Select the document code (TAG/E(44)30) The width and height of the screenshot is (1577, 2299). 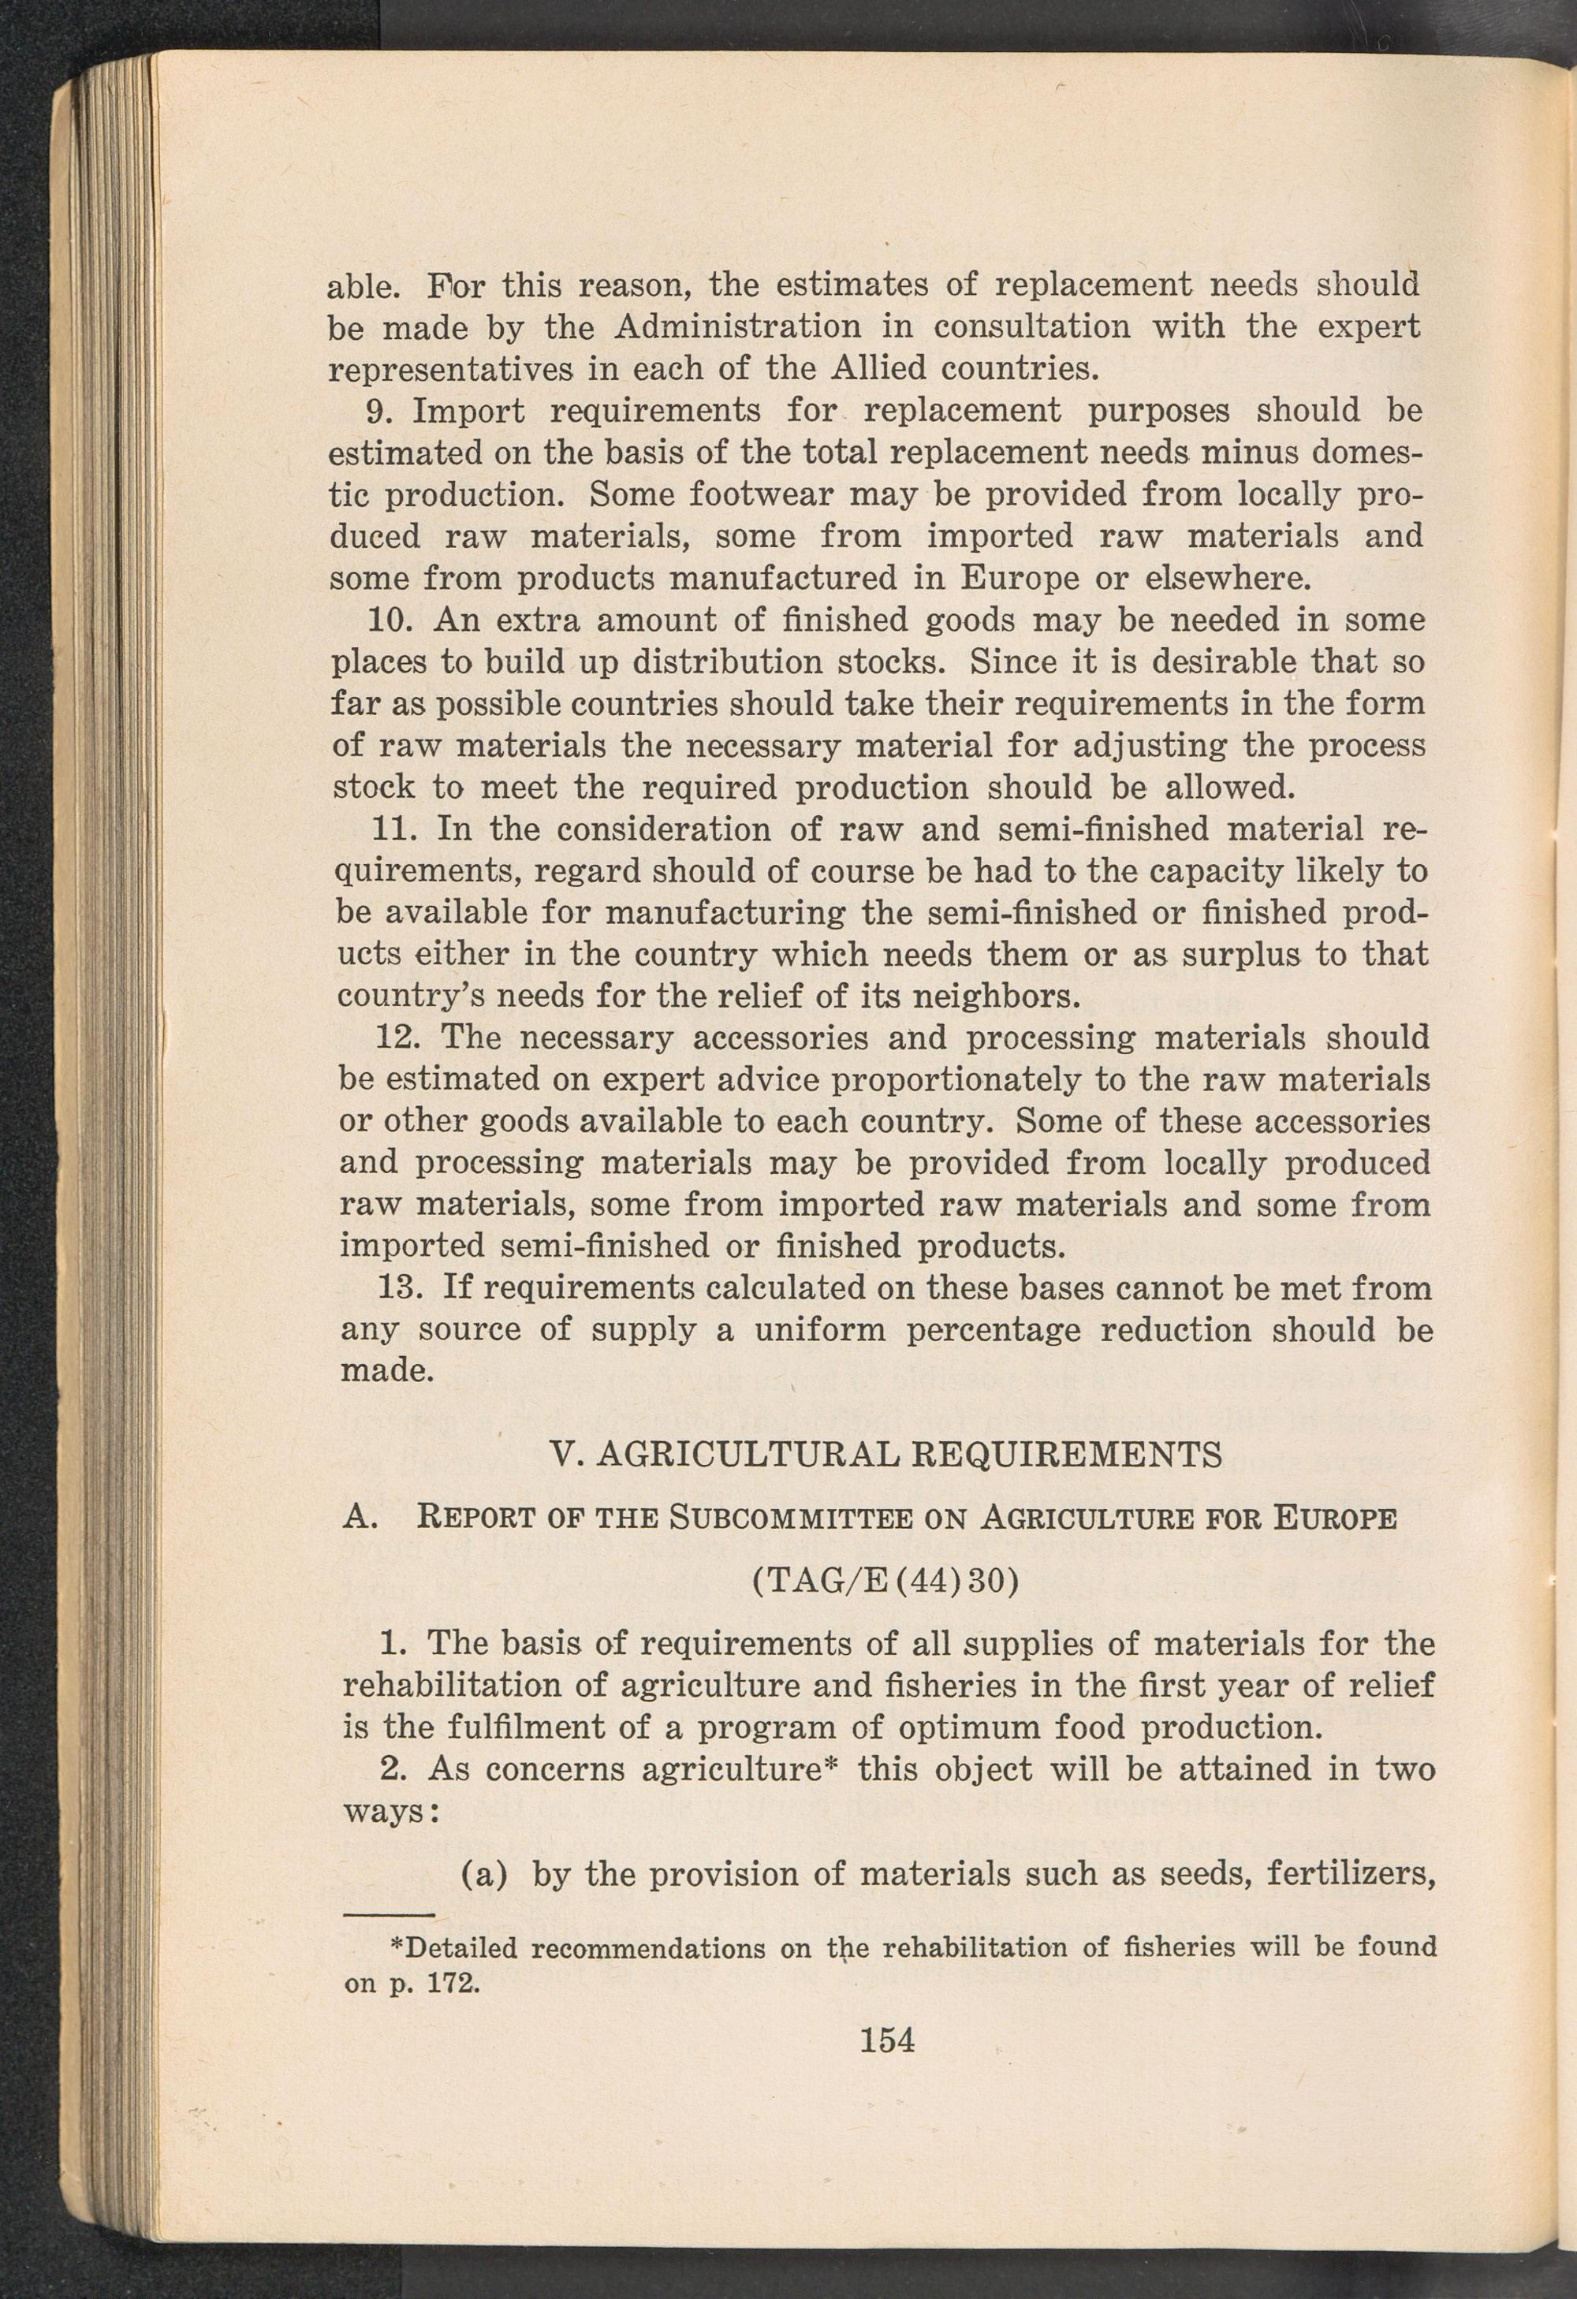[885, 1581]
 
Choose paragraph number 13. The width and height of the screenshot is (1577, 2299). [403, 1288]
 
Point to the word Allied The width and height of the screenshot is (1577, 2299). [878, 369]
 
